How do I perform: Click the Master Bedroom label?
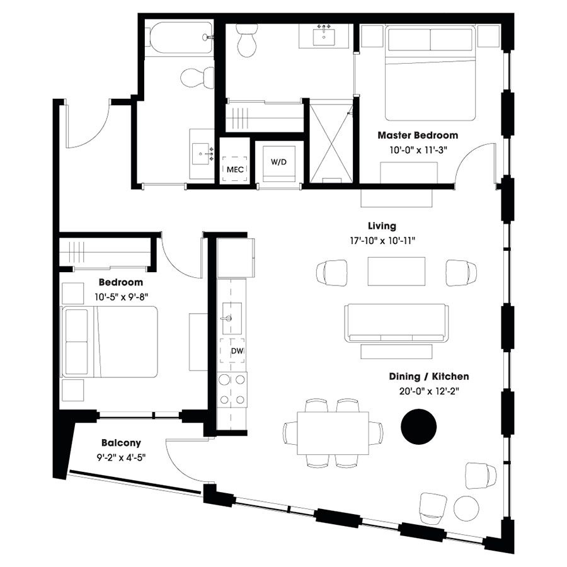click(x=417, y=135)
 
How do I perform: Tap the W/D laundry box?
click(x=278, y=163)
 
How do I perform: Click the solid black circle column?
click(x=418, y=427)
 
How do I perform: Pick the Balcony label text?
click(x=119, y=443)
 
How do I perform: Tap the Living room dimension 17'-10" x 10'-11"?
click(x=382, y=240)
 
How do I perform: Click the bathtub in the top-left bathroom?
click(x=180, y=38)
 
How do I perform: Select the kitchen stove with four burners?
click(x=232, y=389)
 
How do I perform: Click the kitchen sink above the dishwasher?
click(x=229, y=317)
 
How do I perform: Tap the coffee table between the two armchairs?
click(x=396, y=272)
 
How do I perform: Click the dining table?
click(x=333, y=433)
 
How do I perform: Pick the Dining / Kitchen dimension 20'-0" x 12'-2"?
click(x=428, y=391)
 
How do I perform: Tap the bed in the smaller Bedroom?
click(x=110, y=342)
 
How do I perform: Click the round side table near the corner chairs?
click(x=467, y=508)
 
